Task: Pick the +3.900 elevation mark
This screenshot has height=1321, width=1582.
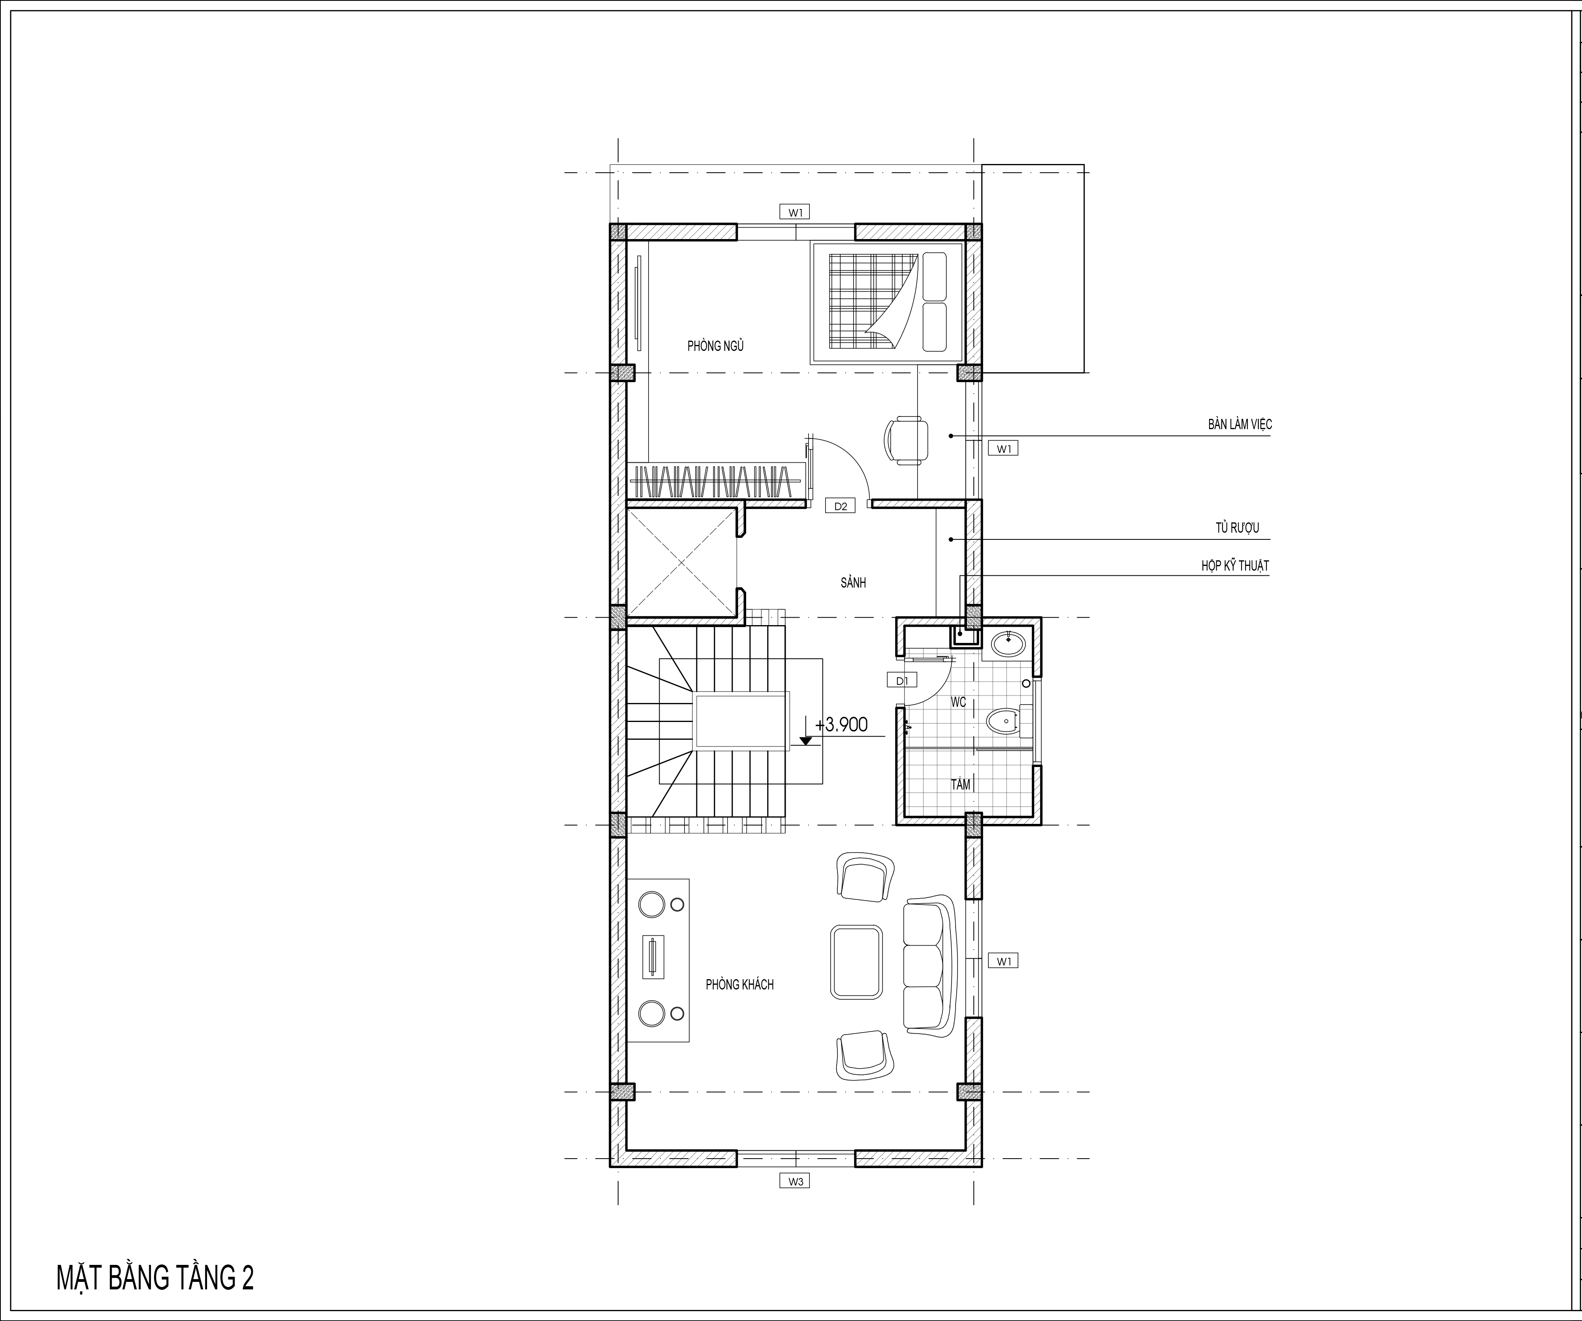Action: pyautogui.click(x=840, y=725)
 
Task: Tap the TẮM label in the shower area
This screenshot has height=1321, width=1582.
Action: pyautogui.click(x=961, y=784)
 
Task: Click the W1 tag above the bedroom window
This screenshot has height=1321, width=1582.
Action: pyautogui.click(x=796, y=213)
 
